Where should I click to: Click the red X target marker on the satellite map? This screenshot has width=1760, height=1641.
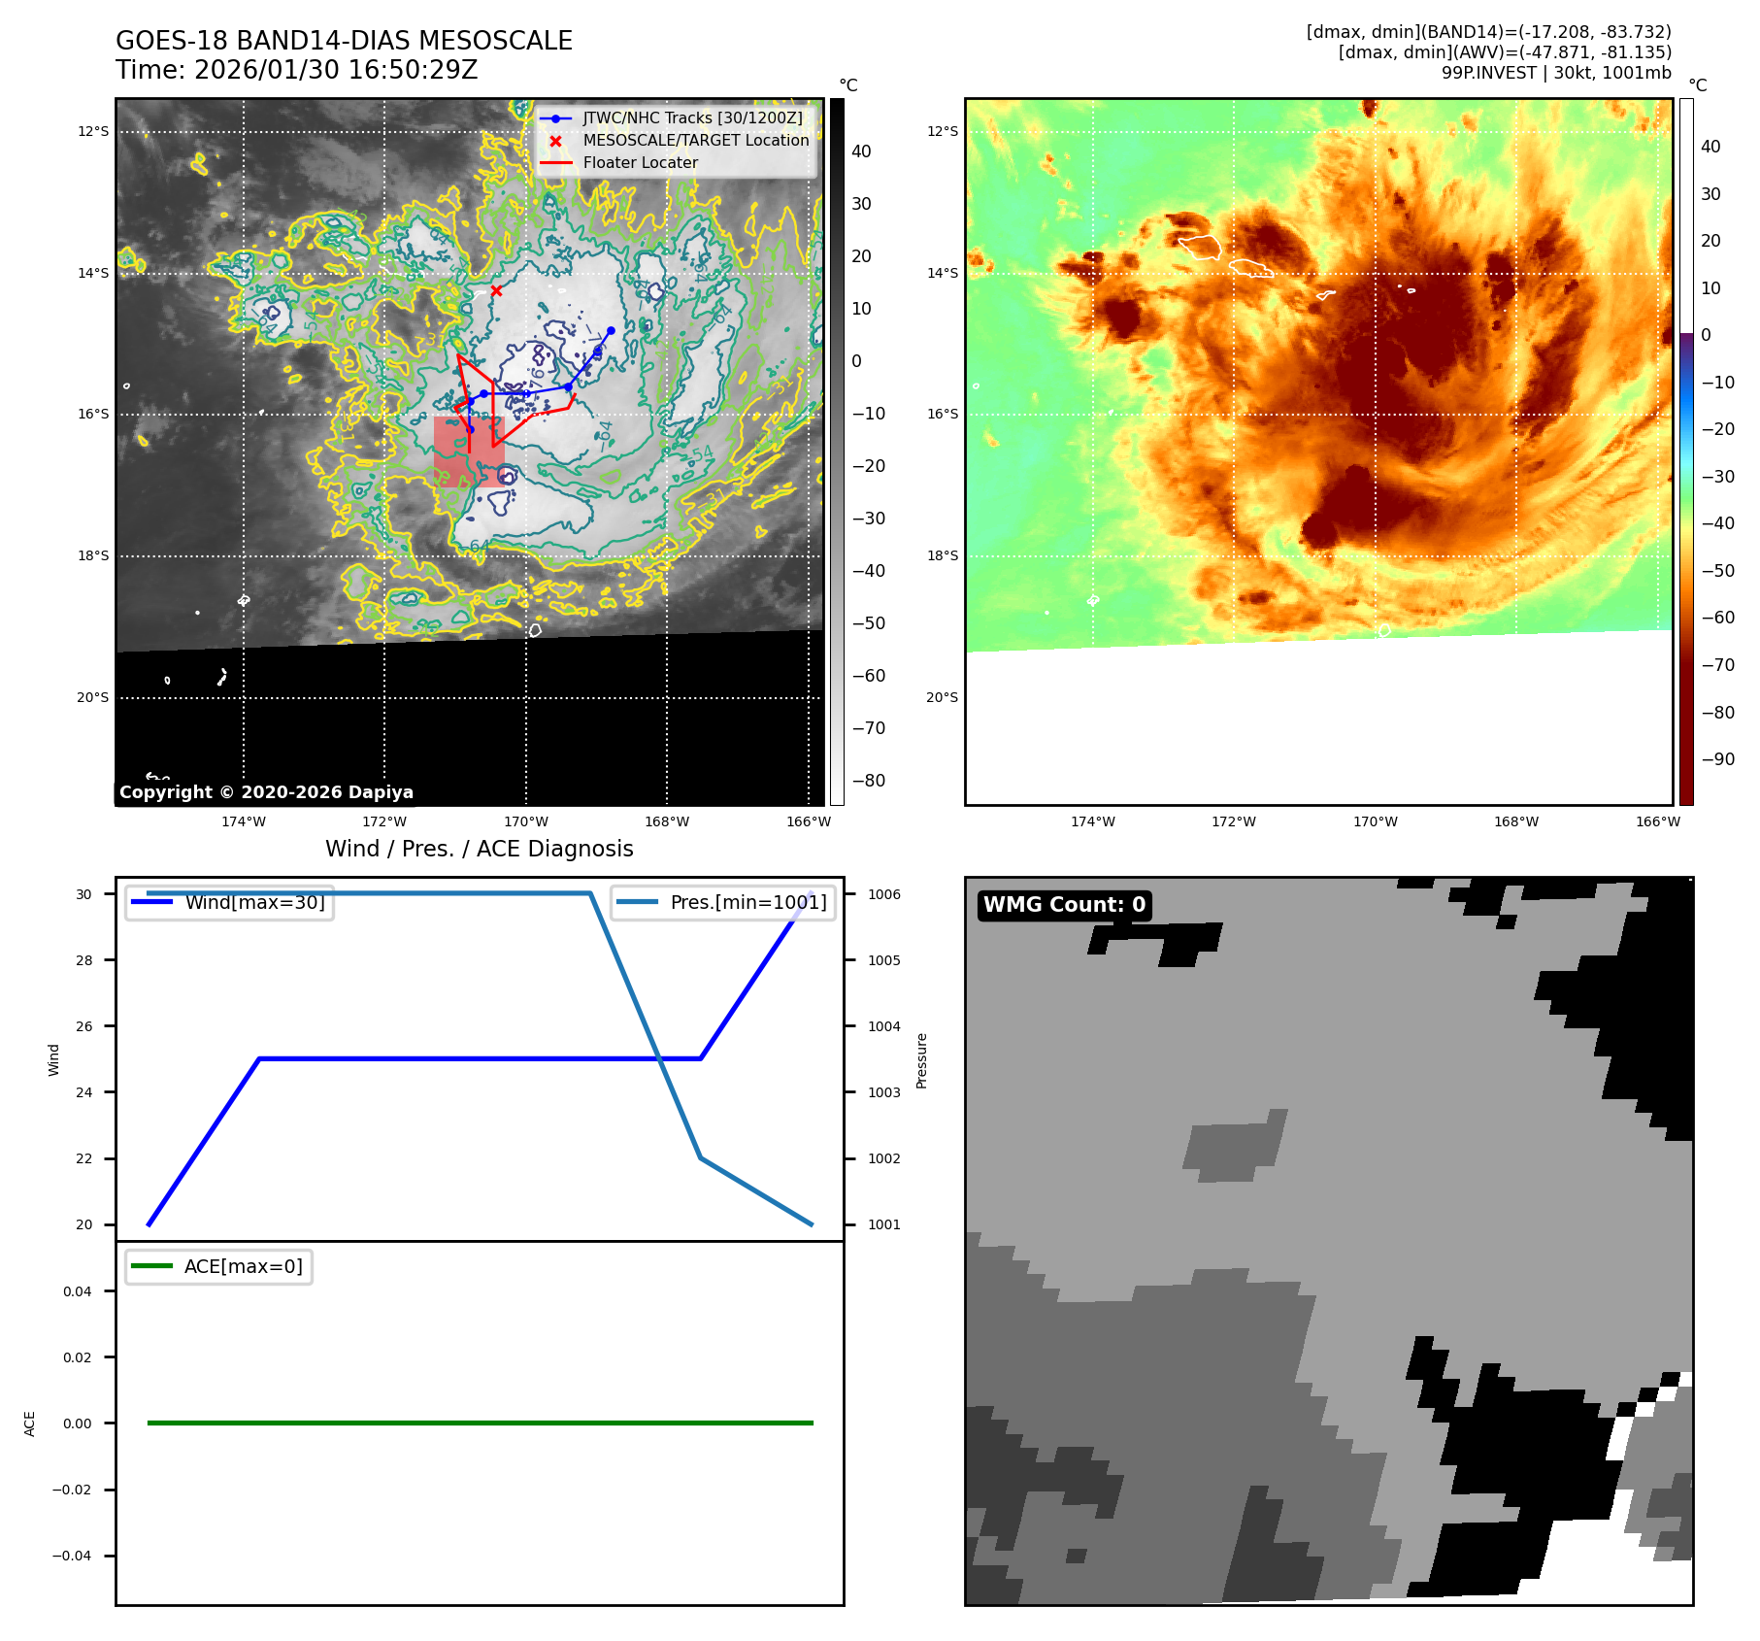(496, 290)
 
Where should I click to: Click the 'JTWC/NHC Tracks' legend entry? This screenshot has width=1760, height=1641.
(692, 118)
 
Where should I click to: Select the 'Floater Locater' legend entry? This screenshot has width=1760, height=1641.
(640, 163)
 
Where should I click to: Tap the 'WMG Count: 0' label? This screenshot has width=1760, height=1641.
(1064, 905)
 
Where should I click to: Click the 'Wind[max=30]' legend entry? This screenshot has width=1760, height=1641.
(254, 903)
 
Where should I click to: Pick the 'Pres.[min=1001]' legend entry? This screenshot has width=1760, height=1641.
(747, 903)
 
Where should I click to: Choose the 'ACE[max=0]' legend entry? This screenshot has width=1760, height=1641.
(243, 1267)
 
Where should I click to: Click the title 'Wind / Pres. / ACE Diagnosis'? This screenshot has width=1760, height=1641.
(479, 850)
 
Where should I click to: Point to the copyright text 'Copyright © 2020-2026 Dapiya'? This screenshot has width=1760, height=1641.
(266, 792)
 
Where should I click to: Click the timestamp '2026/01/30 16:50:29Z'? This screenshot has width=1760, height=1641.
(335, 71)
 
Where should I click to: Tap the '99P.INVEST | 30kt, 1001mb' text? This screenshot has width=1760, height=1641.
(1556, 73)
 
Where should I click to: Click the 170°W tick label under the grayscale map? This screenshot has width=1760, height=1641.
(526, 822)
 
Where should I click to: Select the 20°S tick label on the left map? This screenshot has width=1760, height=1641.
(93, 697)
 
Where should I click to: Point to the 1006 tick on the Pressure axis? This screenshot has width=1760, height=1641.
(883, 894)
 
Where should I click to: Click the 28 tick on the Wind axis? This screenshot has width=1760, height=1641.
(84, 960)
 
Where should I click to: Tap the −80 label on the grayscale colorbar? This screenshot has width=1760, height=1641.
(868, 781)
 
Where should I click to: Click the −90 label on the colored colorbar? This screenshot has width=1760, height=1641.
(1717, 759)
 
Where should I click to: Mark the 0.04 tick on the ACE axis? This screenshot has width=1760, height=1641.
(78, 1291)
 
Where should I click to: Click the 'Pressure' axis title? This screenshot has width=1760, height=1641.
(922, 1060)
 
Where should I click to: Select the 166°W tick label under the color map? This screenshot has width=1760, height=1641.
(1657, 822)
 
